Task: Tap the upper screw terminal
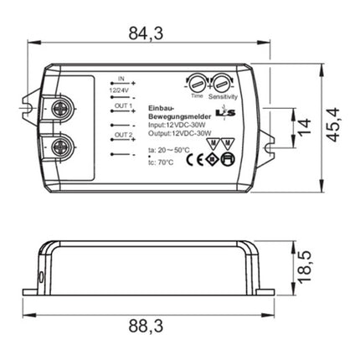pyautogui.click(x=60, y=107)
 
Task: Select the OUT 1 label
pyautogui.click(x=123, y=106)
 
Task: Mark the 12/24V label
pyautogui.click(x=120, y=86)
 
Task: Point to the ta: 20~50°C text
pyautogui.click(x=163, y=151)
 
